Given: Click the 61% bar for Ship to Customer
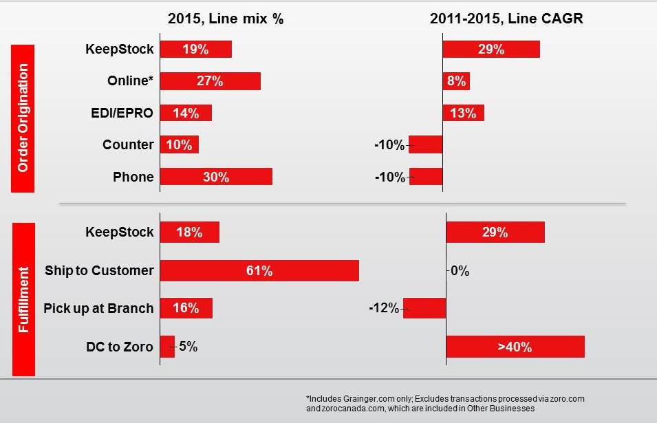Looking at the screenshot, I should click(259, 270).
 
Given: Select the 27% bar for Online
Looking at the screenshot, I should click(210, 81).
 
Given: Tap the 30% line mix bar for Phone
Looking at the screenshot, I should click(216, 177).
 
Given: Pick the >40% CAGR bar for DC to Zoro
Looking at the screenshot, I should click(515, 347).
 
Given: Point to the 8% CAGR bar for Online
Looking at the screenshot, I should click(456, 81).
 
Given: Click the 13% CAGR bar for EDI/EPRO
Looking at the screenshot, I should click(463, 113).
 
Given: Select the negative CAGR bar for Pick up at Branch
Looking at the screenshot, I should click(424, 308).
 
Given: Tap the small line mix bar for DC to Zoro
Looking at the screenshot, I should click(167, 347).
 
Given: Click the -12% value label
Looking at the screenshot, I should click(384, 308).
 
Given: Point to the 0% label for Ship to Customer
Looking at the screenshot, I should click(460, 271).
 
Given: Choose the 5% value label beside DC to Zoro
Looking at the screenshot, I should click(189, 347).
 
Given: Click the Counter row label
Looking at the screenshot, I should click(128, 144).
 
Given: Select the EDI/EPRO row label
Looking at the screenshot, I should click(123, 113).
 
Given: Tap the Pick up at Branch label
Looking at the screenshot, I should click(98, 308).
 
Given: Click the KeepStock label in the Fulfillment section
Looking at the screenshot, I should click(120, 232).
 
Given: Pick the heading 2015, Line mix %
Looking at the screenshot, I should click(226, 19).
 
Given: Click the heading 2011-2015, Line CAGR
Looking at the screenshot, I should click(506, 19).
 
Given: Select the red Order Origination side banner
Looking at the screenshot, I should click(23, 118).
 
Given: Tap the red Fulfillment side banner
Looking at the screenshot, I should click(23, 299).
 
